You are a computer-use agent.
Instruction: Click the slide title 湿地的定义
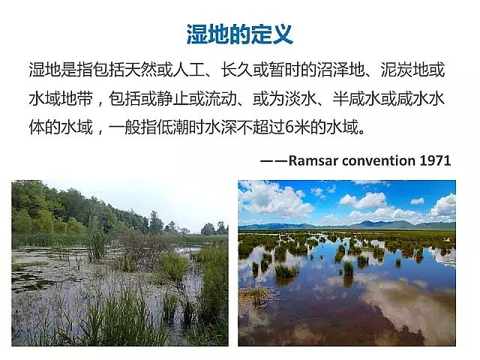[x=239, y=34]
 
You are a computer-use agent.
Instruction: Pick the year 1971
[x=435, y=160]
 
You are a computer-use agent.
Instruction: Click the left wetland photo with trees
[x=120, y=262]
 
